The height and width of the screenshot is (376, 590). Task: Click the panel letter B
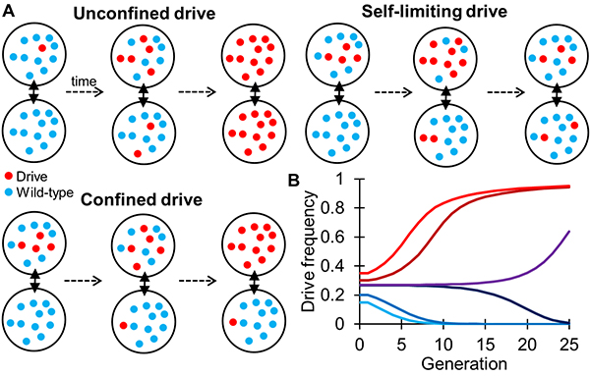point(293,181)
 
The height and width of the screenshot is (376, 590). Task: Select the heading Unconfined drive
point(145,14)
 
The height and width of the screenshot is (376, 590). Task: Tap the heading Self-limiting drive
point(434,12)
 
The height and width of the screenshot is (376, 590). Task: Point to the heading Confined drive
point(142,200)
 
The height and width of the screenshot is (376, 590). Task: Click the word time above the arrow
point(84,81)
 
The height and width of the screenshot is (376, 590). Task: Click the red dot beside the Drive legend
point(10,176)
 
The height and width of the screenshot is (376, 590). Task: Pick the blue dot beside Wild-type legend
point(10,192)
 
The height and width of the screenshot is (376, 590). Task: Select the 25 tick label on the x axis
point(569,345)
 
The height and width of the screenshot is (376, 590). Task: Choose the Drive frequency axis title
point(309,251)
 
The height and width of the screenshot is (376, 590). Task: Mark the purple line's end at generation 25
point(569,231)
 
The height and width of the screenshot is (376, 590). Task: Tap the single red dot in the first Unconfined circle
point(42,48)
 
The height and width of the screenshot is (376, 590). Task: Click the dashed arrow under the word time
point(85,92)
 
